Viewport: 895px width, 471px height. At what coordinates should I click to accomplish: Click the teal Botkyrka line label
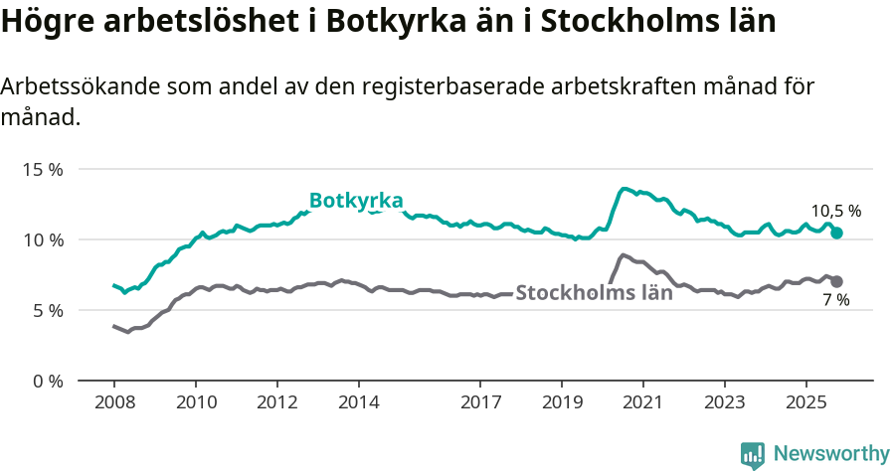click(x=356, y=201)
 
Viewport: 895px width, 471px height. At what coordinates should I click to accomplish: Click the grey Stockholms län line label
click(x=594, y=292)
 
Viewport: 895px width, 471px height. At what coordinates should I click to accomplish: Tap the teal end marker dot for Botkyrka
click(x=837, y=233)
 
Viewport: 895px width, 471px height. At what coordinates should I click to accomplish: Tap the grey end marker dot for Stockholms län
click(x=837, y=281)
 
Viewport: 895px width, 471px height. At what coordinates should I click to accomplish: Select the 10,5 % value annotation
click(x=835, y=211)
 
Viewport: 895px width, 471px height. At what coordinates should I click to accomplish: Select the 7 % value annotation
click(x=835, y=300)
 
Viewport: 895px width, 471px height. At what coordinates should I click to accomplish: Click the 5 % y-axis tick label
click(x=46, y=310)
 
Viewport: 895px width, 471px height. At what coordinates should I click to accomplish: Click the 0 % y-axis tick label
click(x=46, y=381)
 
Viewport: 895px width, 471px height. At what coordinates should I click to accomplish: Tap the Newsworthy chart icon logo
click(x=753, y=455)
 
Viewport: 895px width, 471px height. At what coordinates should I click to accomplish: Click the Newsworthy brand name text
click(x=830, y=454)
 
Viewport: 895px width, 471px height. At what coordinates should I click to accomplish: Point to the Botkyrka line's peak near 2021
click(x=624, y=188)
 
